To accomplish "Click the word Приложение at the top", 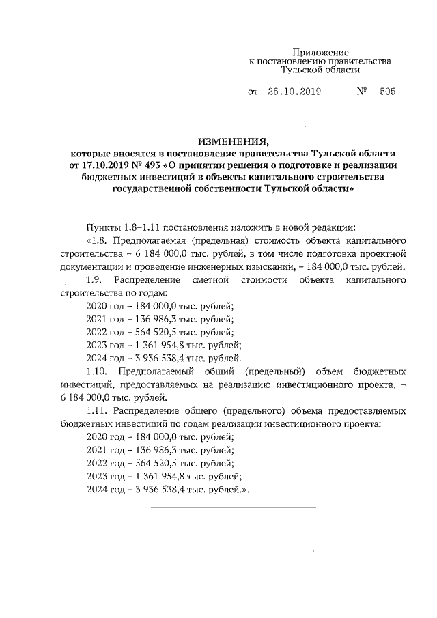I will tap(320, 53).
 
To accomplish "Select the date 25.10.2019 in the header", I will tap(294, 91).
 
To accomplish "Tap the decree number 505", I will tap(385, 91).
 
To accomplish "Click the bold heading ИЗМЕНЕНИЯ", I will tap(233, 141).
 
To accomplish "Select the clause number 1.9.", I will tap(96, 281).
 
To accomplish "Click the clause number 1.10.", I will tap(99, 371).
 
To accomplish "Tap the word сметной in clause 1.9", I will tap(209, 281).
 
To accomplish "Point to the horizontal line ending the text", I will tap(233, 507).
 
